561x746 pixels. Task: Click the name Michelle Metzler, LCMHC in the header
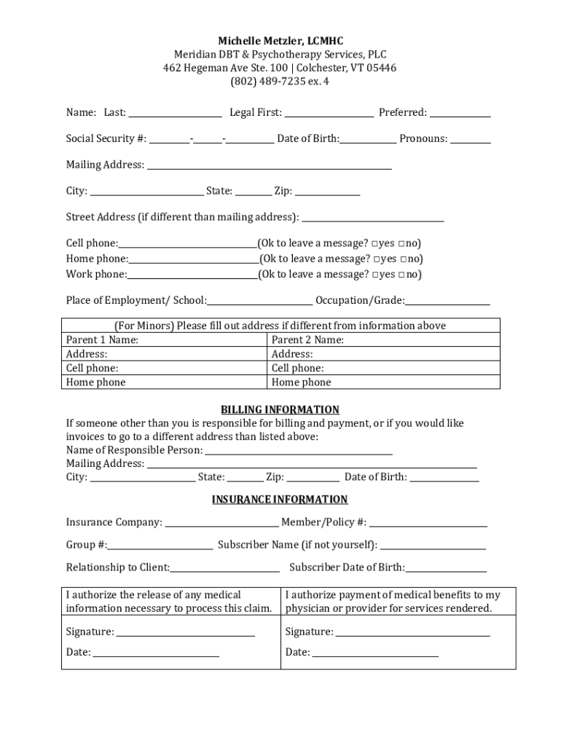tap(280, 41)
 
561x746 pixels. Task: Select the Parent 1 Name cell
tap(165, 340)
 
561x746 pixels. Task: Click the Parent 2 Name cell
tap(383, 340)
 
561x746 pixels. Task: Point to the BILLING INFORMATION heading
tap(280, 410)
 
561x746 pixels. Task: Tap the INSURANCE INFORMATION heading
tap(280, 500)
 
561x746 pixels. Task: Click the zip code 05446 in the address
tap(381, 68)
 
